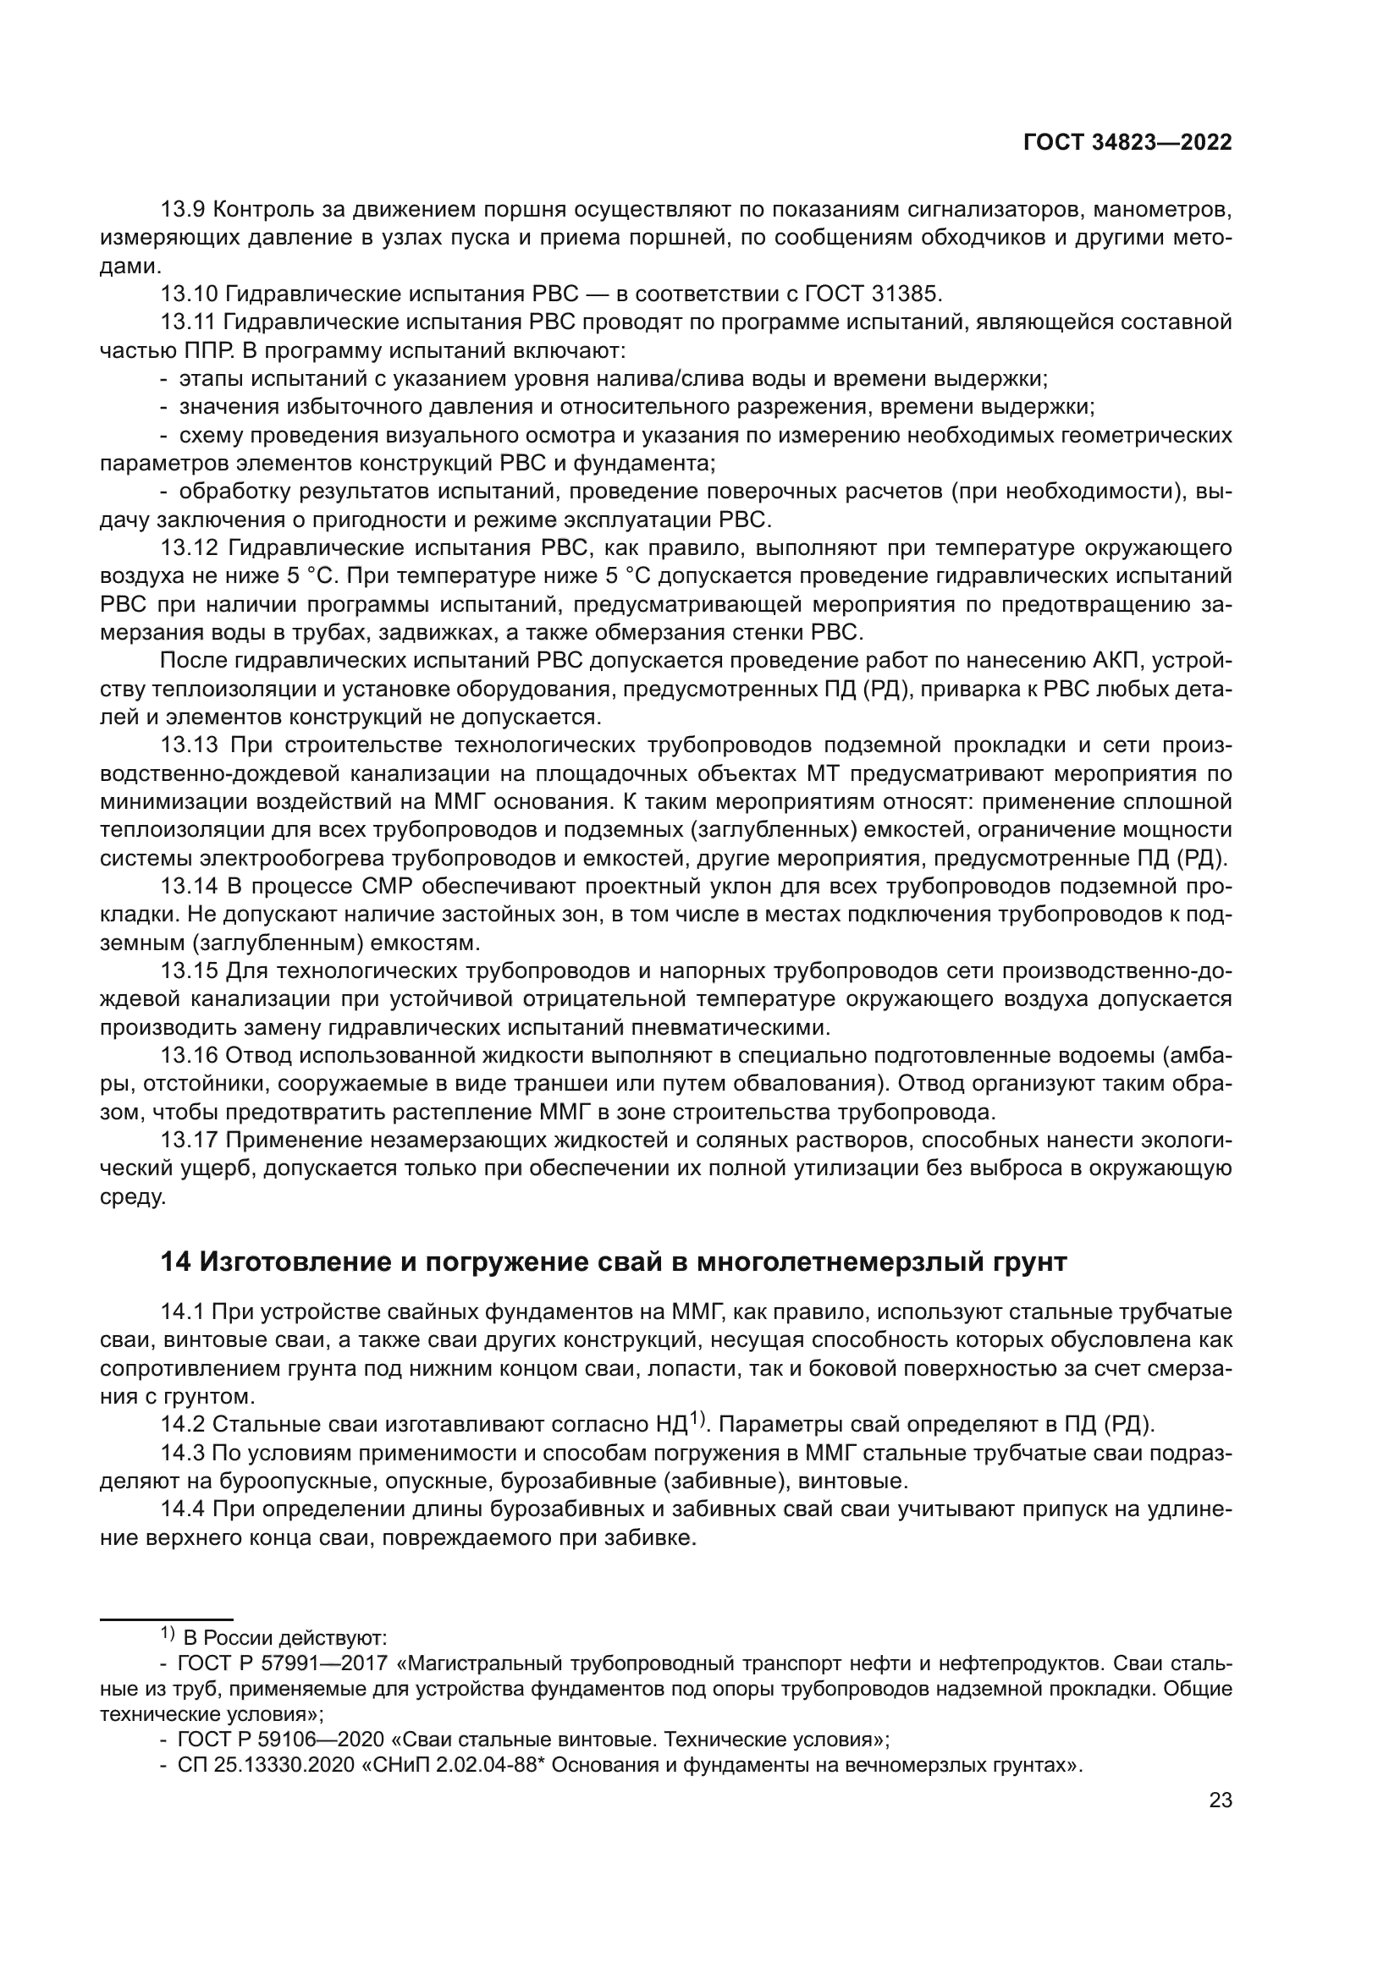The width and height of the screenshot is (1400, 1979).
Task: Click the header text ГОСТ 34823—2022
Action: coord(1127,143)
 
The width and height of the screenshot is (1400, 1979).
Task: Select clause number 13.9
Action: coord(183,210)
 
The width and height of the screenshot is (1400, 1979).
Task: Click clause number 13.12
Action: coord(188,548)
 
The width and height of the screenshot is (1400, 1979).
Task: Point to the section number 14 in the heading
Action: coord(175,1262)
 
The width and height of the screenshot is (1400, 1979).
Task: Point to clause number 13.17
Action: coord(188,1141)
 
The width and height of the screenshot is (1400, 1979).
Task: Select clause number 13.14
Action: coord(188,887)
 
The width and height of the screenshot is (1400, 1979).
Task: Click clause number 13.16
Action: coord(188,1056)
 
